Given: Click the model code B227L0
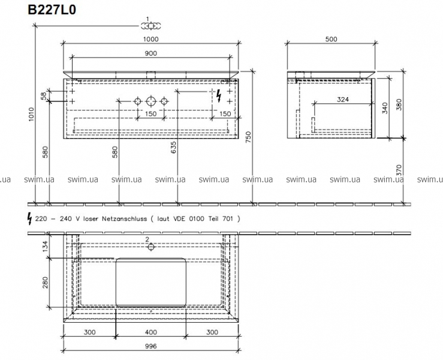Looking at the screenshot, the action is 52,10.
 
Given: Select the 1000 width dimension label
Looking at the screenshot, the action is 150,39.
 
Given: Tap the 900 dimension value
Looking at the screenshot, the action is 151,53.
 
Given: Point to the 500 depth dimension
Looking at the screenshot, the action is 331,39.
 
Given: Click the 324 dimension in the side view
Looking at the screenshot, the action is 343,100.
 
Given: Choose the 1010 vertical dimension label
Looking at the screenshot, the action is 31,114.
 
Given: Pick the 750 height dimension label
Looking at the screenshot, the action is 248,137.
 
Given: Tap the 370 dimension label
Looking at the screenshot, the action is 399,170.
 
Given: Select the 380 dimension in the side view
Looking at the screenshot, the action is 399,104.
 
